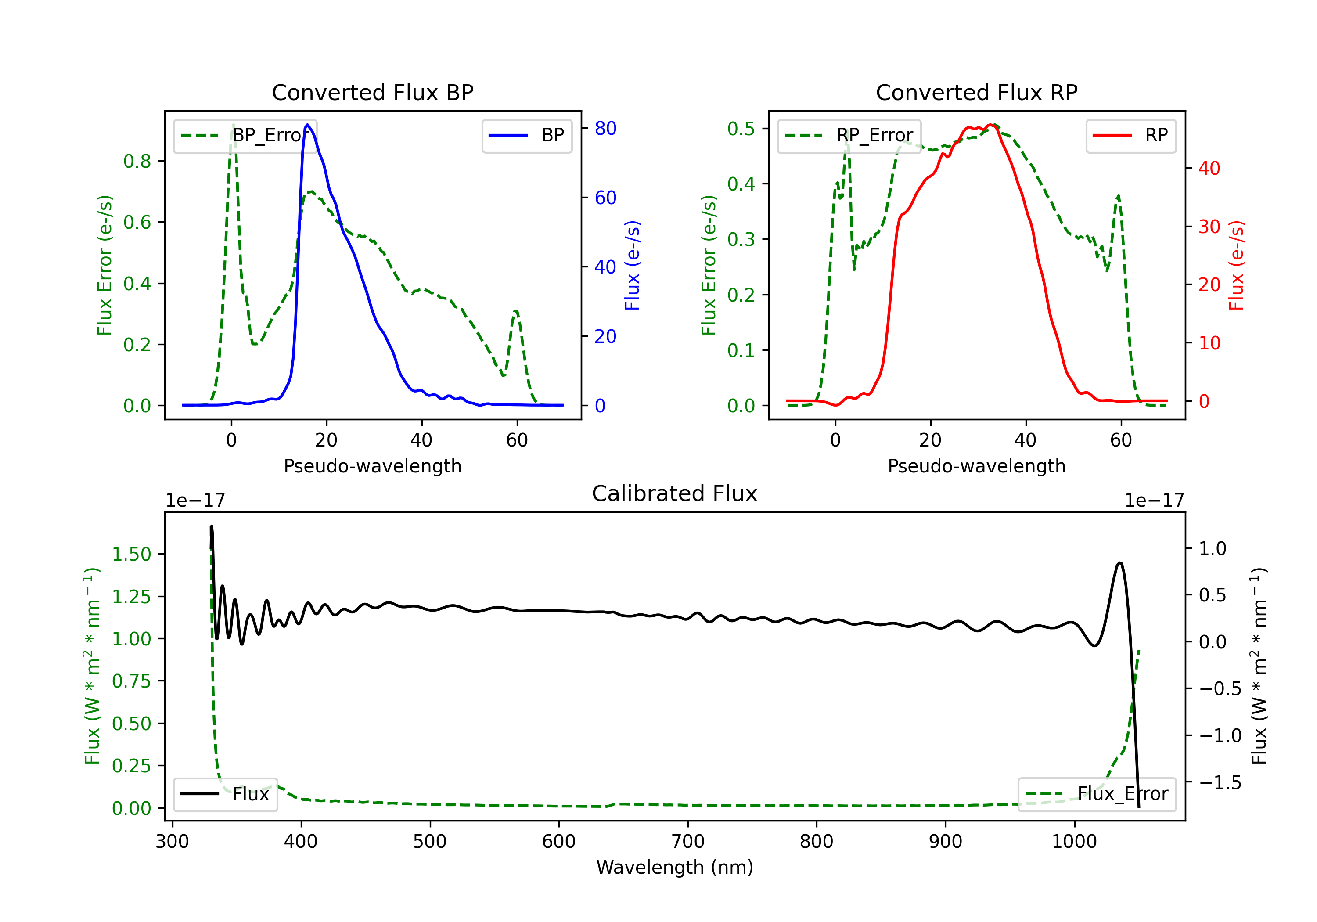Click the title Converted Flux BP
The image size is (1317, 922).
coord(372,92)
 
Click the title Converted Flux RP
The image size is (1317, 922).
coord(976,92)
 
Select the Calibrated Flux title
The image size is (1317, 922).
coord(675,493)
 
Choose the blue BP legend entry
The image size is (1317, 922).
coord(526,135)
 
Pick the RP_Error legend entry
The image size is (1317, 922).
coord(849,135)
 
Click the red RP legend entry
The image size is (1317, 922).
coord(1130,135)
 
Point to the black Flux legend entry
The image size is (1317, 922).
coord(225,794)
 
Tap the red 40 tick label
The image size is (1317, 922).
coord(1209,168)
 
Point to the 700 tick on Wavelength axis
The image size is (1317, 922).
coord(688,841)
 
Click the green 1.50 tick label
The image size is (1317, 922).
coord(131,554)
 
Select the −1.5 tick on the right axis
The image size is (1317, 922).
coord(1220,782)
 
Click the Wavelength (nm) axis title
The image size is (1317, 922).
coord(675,867)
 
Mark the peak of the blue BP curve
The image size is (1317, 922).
coord(307,125)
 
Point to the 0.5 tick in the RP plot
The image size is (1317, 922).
coord(741,129)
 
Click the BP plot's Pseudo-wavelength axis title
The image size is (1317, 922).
coord(373,466)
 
